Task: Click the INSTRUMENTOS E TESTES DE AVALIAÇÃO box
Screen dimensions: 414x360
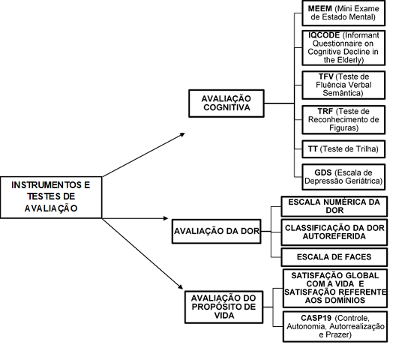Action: (51, 197)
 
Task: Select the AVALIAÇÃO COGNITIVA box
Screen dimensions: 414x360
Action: (226, 103)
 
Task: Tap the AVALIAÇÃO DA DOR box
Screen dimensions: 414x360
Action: (217, 231)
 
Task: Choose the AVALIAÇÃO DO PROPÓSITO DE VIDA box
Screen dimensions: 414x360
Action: (224, 307)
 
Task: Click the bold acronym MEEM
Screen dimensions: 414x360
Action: (319, 9)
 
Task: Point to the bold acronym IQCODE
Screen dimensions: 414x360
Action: (324, 35)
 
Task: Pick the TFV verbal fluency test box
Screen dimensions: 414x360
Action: (343, 85)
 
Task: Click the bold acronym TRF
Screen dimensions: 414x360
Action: (325, 111)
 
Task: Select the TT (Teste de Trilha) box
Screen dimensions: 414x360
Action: (343, 149)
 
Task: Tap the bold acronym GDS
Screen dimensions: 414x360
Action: (323, 172)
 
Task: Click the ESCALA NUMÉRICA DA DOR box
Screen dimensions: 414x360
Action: (334, 206)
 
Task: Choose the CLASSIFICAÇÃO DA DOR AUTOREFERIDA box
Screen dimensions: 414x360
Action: (334, 232)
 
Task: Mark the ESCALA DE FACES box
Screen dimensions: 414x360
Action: (334, 257)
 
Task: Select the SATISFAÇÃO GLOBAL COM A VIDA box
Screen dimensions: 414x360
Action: (335, 288)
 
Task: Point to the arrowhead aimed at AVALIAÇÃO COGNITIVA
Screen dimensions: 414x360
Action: (182, 134)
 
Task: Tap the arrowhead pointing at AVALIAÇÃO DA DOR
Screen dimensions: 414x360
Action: (166, 218)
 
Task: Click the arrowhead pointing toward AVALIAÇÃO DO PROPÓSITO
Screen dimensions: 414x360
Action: (180, 286)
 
